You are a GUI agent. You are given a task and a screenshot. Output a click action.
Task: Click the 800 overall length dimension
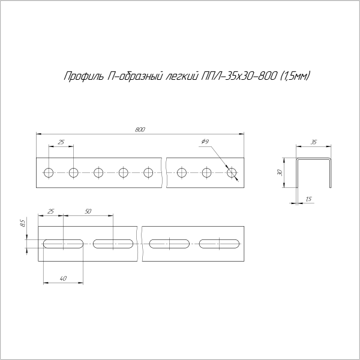tap(140, 129)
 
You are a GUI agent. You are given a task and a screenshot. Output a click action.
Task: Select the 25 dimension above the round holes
tap(61, 142)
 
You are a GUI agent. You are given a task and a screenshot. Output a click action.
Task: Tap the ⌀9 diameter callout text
tap(205, 142)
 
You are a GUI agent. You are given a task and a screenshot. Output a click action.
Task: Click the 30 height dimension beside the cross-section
tap(280, 173)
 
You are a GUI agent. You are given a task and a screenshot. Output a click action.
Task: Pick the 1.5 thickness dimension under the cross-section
tap(308, 199)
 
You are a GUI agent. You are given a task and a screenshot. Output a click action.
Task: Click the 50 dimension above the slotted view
tap(88, 212)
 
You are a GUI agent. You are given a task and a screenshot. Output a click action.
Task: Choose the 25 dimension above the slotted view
tap(50, 212)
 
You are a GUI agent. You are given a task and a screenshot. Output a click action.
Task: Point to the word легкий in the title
tap(181, 76)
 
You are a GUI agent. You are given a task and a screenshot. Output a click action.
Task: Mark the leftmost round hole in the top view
tap(48, 173)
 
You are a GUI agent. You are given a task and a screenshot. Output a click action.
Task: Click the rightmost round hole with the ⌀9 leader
tap(232, 173)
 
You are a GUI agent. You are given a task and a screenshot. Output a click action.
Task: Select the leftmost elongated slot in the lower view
tap(62, 244)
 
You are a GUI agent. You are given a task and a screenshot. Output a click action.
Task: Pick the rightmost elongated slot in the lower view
tap(220, 244)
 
